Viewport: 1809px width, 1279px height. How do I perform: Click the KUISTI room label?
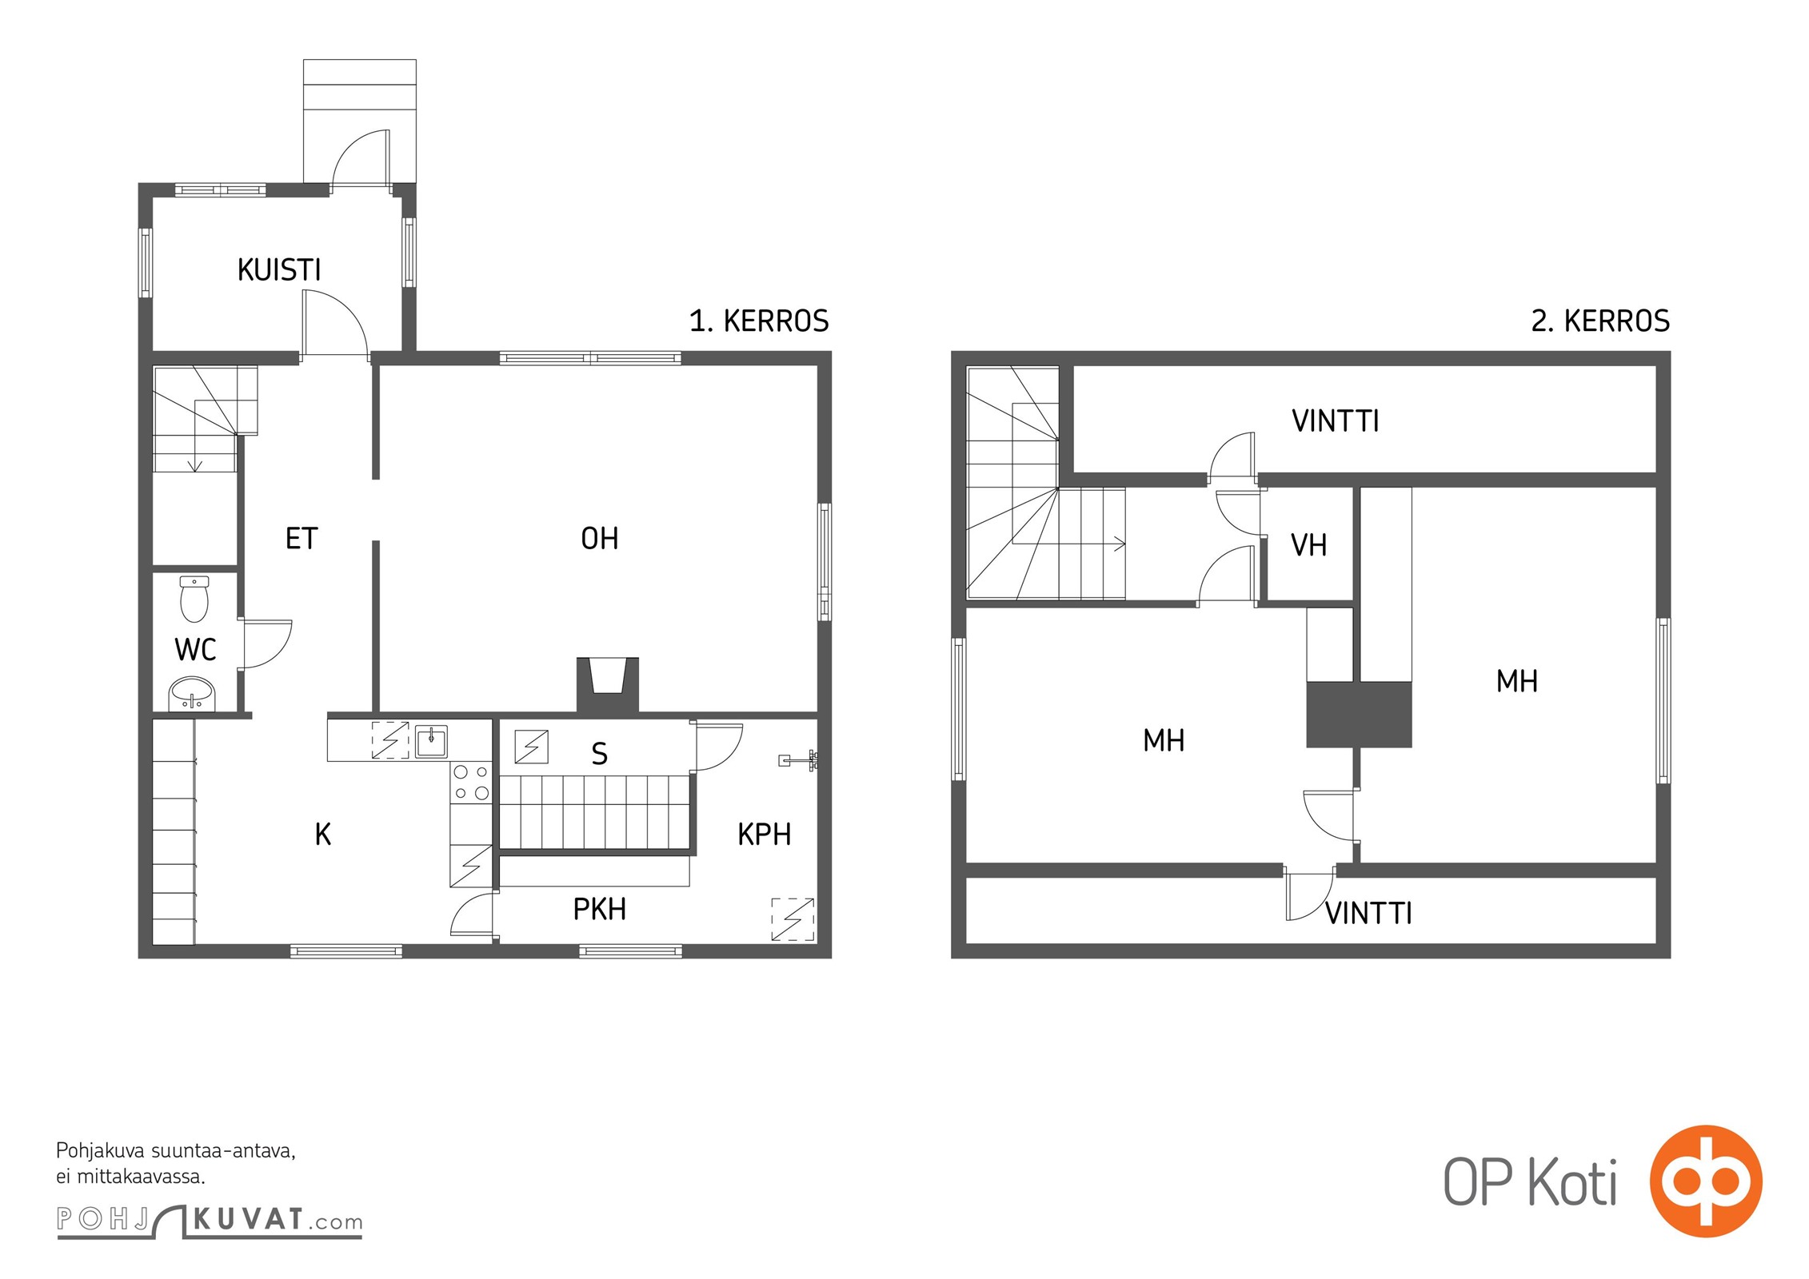[279, 270]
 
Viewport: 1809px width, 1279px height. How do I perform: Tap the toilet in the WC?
[194, 599]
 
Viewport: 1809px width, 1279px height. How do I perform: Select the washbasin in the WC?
[192, 694]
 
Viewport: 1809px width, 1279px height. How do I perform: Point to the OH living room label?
[600, 539]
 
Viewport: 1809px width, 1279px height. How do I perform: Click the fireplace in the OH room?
[608, 684]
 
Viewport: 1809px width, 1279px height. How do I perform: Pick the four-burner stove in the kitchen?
[471, 783]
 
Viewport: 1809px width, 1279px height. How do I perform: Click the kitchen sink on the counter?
[431, 741]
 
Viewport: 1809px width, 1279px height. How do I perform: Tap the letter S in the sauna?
[599, 754]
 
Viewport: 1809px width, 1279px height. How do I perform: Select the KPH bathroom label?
[765, 835]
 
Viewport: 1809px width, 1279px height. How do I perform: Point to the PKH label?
[600, 910]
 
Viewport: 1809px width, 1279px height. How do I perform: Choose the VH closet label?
[1309, 546]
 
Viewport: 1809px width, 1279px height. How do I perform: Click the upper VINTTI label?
[1336, 421]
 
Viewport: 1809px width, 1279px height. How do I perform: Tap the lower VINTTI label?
[1368, 914]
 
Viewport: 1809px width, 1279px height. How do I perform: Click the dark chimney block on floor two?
[1359, 715]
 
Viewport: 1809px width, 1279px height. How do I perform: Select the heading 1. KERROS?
[759, 321]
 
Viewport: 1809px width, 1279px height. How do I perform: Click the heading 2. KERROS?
[1600, 321]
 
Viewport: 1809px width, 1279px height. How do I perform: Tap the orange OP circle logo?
[1706, 1181]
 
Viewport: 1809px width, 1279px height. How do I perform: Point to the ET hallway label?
[301, 539]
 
